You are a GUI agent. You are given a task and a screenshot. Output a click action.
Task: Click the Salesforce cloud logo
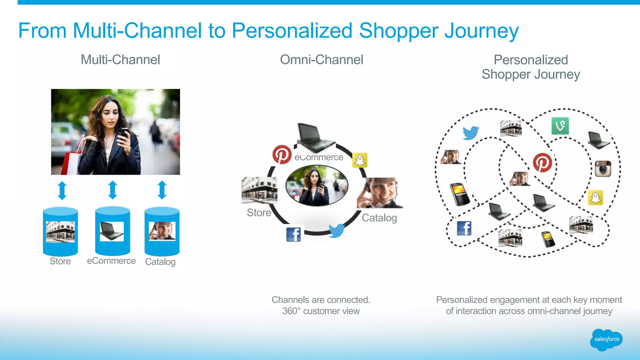click(606, 339)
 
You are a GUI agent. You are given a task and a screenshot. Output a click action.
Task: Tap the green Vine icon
click(560, 126)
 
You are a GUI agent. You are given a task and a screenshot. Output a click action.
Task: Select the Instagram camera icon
click(603, 169)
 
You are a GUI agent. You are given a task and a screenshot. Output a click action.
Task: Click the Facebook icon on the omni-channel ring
click(293, 234)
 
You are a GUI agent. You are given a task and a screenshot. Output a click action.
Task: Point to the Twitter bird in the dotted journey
click(471, 132)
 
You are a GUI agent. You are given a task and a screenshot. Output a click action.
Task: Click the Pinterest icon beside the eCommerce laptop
click(282, 154)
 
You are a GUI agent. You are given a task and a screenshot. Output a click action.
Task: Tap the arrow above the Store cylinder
click(62, 190)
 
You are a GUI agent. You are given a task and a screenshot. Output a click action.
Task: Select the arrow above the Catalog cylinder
click(162, 190)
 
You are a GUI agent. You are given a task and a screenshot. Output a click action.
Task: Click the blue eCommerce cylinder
click(112, 231)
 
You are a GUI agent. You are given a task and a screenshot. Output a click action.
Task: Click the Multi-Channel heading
click(120, 60)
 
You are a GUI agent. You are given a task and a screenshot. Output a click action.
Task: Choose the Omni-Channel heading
click(321, 60)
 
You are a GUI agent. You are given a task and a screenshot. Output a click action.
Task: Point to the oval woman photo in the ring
click(317, 186)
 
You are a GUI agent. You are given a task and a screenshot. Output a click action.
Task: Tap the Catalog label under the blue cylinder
click(160, 262)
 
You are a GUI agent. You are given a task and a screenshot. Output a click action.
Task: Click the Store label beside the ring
click(259, 212)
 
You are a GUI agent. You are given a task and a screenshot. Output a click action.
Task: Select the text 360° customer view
click(321, 311)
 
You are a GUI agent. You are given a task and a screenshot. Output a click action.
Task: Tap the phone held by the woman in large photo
click(125, 133)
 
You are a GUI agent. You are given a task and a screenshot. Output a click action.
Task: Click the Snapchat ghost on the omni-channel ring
click(360, 160)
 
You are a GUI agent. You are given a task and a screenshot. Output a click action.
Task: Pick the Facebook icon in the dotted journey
click(464, 228)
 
